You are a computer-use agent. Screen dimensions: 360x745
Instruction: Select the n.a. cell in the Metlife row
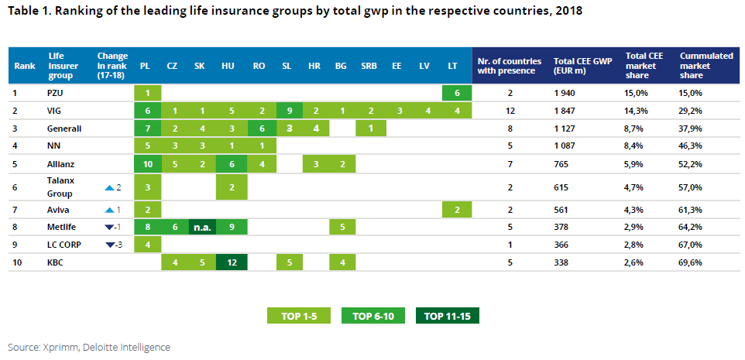tap(199, 227)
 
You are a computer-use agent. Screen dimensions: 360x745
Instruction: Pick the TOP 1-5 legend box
tap(299, 316)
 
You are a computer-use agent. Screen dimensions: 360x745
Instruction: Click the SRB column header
tap(369, 66)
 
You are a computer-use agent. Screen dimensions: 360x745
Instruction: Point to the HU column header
tap(228, 66)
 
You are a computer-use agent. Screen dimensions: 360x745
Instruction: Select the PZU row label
tap(57, 93)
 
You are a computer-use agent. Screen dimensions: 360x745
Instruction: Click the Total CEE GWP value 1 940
tap(567, 93)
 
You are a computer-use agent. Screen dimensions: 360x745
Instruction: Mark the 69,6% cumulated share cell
tap(692, 262)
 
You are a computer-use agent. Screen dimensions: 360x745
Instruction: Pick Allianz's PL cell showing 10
tap(146, 164)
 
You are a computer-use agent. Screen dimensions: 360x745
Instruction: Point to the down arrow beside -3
tap(110, 245)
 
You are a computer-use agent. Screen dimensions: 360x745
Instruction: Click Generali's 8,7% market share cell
tap(637, 129)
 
